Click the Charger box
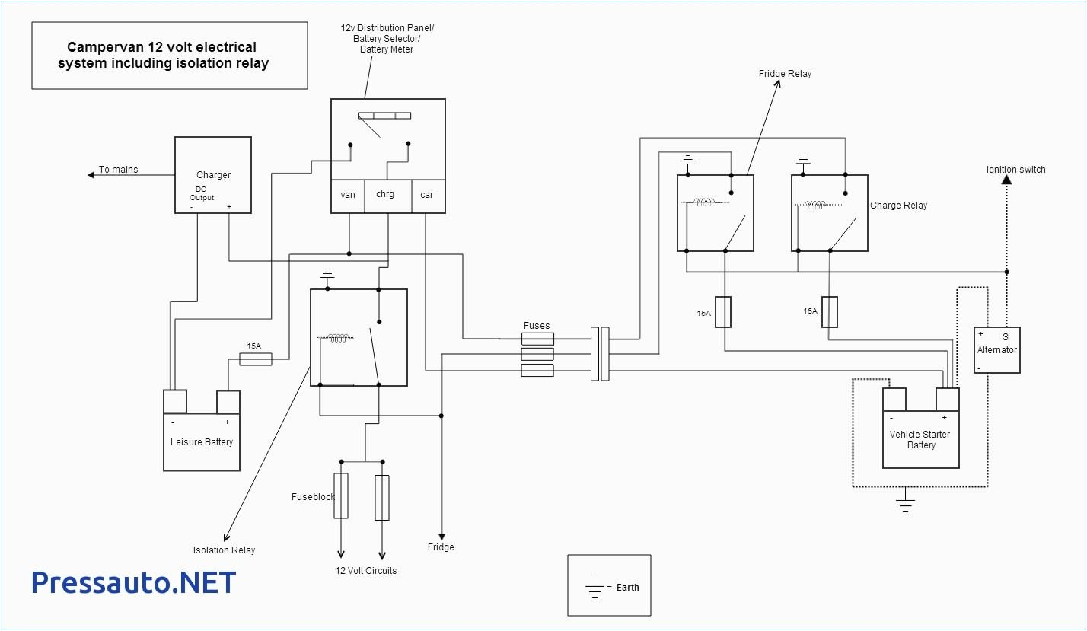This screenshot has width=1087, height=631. pos(213,175)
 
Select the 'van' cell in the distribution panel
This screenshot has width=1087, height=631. pos(348,196)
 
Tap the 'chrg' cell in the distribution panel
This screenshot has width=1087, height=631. pos(385,196)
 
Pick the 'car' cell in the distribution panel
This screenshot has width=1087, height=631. pos(427,196)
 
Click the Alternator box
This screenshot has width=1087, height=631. pos(996,350)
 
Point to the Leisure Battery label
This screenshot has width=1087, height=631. pos(202,442)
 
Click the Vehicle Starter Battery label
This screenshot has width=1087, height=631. pos(920,439)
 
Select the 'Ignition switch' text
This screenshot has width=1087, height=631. pos(1015,170)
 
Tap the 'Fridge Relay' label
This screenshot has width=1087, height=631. pos(785,74)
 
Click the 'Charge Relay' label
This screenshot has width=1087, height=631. pos(898,206)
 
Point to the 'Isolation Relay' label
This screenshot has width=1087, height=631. pos(224,550)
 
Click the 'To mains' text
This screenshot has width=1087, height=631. pos(119,170)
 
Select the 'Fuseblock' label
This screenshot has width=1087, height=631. pos(313,497)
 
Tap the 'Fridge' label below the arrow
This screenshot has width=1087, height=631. pos(441,547)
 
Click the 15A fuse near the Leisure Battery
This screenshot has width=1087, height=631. pos(256,359)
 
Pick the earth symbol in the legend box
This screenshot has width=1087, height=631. pos(595,587)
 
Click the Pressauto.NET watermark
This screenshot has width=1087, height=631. pos(134,582)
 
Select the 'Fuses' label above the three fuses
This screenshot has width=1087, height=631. pos(537,326)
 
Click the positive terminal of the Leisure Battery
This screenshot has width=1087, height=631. pos(228,402)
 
